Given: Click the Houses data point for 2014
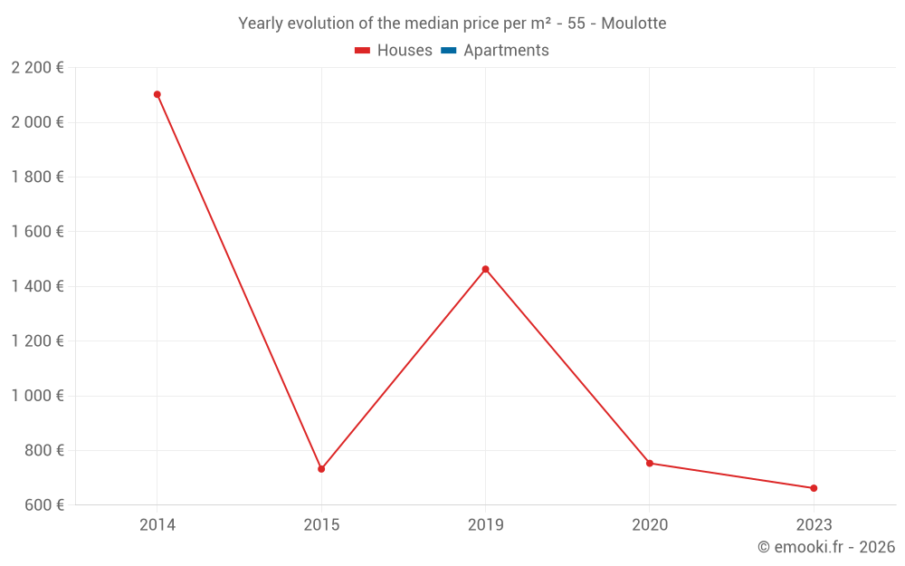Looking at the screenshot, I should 157,94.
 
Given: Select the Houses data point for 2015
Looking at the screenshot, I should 321,469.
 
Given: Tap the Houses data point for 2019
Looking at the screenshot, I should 485,269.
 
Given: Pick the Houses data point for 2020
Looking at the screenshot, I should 650,463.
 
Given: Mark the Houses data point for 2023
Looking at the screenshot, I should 814,488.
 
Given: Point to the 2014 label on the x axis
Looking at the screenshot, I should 157,524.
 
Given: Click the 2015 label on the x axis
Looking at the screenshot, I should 321,524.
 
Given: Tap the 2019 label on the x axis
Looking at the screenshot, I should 485,524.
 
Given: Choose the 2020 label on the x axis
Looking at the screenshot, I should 650,524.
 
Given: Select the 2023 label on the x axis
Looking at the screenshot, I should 814,524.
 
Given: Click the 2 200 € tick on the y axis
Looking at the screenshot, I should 37,68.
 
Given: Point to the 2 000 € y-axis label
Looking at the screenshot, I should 37,122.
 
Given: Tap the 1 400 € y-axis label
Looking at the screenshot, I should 37,286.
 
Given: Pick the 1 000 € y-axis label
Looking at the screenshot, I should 37,396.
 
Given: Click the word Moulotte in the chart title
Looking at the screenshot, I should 633,24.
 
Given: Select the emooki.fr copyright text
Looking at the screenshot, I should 826,547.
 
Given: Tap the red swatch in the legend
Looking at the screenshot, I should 363,51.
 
